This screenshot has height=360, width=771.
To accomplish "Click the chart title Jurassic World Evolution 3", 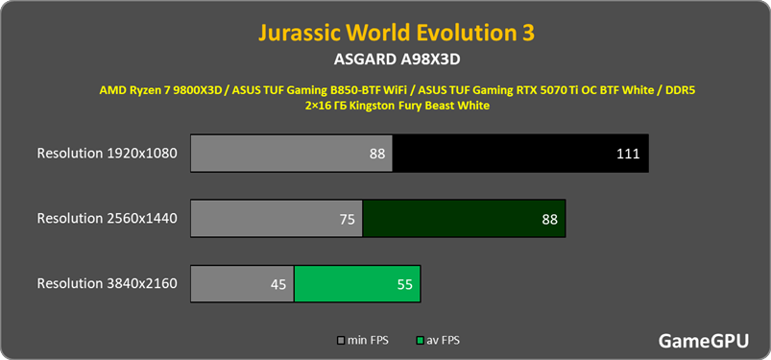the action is point(397,33).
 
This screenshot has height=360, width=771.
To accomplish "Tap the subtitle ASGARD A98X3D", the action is point(397,60).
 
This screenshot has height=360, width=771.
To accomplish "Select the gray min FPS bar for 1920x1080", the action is point(292,153).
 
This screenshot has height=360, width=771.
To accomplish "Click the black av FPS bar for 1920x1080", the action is point(520,153).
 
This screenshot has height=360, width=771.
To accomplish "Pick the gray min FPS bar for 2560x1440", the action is point(277,218).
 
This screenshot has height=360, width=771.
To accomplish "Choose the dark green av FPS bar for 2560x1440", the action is point(464,218).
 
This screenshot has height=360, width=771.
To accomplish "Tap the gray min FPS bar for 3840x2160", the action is point(242,284).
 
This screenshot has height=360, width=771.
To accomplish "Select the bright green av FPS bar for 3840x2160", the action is point(357,284).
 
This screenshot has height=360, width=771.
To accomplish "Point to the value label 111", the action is point(628,154).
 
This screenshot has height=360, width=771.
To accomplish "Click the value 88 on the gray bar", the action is point(377,154).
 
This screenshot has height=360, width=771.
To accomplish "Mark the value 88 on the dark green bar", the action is point(550,219).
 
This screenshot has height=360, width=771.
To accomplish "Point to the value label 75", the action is point(348,219).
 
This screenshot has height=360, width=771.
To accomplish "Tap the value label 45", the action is point(278,285).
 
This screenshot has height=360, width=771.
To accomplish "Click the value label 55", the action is point(404,285).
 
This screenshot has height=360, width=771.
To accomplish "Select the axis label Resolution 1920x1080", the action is point(107,153).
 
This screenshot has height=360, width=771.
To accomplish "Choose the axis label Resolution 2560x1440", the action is point(107,218).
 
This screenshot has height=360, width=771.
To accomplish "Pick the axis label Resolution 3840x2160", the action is point(107,284).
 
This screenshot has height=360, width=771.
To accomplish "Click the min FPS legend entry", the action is point(363,341).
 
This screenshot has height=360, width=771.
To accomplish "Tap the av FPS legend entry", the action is point(438,341).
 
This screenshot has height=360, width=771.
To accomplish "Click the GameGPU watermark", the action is point(704,341).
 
